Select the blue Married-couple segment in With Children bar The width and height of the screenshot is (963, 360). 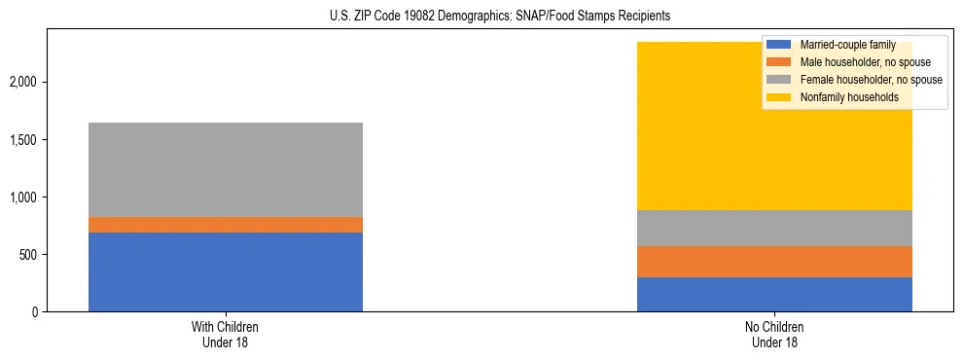click(x=225, y=271)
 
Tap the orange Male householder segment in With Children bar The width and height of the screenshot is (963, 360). click(x=225, y=225)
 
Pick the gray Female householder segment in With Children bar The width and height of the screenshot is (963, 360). click(x=225, y=169)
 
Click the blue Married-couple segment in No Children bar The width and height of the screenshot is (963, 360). click(x=774, y=294)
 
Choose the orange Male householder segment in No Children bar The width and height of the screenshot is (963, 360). click(x=774, y=262)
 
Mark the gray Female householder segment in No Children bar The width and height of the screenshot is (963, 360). click(x=774, y=228)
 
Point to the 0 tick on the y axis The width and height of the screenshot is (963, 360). click(x=35, y=312)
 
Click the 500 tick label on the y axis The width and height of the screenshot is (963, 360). click(x=28, y=255)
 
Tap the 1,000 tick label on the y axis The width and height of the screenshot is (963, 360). click(x=24, y=198)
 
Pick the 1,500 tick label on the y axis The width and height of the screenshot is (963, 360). click(x=24, y=140)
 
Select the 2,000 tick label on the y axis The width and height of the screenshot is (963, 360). click(x=24, y=83)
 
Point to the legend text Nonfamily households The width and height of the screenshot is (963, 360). click(x=842, y=97)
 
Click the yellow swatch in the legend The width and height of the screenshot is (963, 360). click(x=779, y=97)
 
